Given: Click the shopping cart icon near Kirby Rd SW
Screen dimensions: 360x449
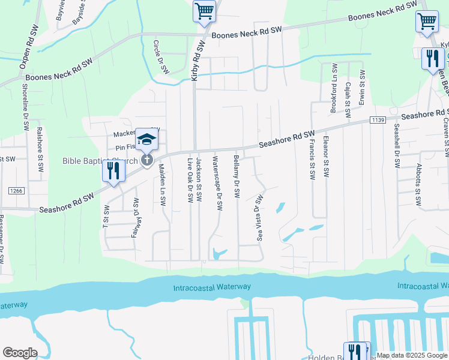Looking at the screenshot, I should pyautogui.click(x=204, y=11).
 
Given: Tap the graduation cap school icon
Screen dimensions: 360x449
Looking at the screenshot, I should pyautogui.click(x=145, y=140).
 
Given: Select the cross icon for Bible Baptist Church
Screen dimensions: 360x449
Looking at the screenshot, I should pyautogui.click(x=146, y=160).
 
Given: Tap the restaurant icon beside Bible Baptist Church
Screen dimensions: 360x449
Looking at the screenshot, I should pyautogui.click(x=113, y=171).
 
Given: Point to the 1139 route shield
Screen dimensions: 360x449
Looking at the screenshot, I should pyautogui.click(x=378, y=121).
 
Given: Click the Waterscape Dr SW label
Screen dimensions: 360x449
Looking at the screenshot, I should pyautogui.click(x=218, y=184).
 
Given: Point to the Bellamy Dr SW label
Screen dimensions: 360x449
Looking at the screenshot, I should pyautogui.click(x=237, y=176).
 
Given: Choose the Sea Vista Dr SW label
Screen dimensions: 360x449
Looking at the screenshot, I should pyautogui.click(x=260, y=215).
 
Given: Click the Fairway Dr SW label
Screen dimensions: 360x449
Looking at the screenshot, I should pyautogui.click(x=135, y=217).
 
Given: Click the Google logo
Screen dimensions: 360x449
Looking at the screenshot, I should pyautogui.click(x=20, y=353).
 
